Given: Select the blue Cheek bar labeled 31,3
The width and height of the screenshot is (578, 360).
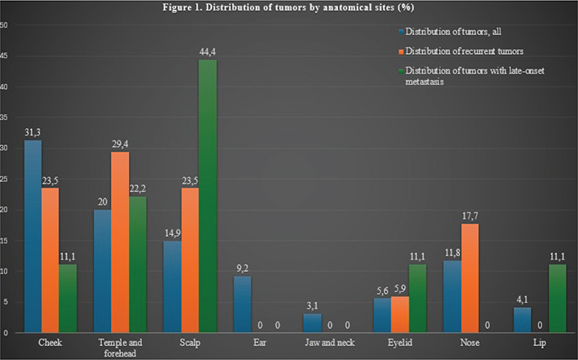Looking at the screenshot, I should [33, 236].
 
